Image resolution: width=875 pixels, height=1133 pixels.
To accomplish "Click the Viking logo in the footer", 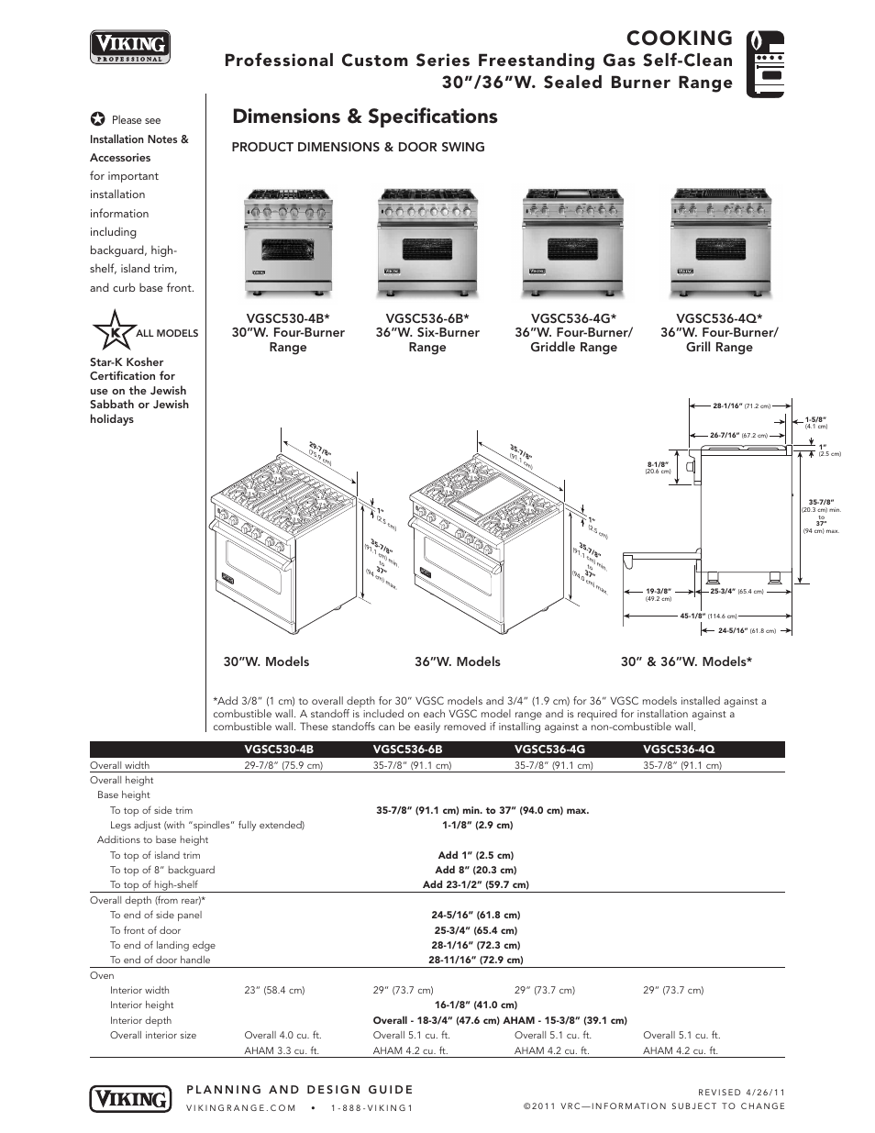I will [130, 1098].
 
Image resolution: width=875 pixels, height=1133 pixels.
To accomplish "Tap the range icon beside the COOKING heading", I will [765, 63].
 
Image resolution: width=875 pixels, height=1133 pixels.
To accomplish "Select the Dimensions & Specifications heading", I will [364, 117].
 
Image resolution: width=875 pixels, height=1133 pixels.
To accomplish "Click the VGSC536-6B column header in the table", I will [407, 750].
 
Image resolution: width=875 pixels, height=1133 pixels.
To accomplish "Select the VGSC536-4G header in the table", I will [549, 750].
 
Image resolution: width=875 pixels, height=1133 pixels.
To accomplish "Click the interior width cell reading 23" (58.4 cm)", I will [274, 990].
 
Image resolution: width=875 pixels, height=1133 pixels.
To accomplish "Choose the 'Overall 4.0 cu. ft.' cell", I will [282, 1035].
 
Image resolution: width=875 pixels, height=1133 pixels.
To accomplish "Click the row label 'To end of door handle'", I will [160, 960].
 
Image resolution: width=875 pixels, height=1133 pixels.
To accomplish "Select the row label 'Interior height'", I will [141, 1005].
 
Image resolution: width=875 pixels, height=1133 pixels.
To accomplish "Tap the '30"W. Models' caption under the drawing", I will [266, 661].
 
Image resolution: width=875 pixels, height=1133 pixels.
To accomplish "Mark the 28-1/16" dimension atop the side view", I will [726, 405].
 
